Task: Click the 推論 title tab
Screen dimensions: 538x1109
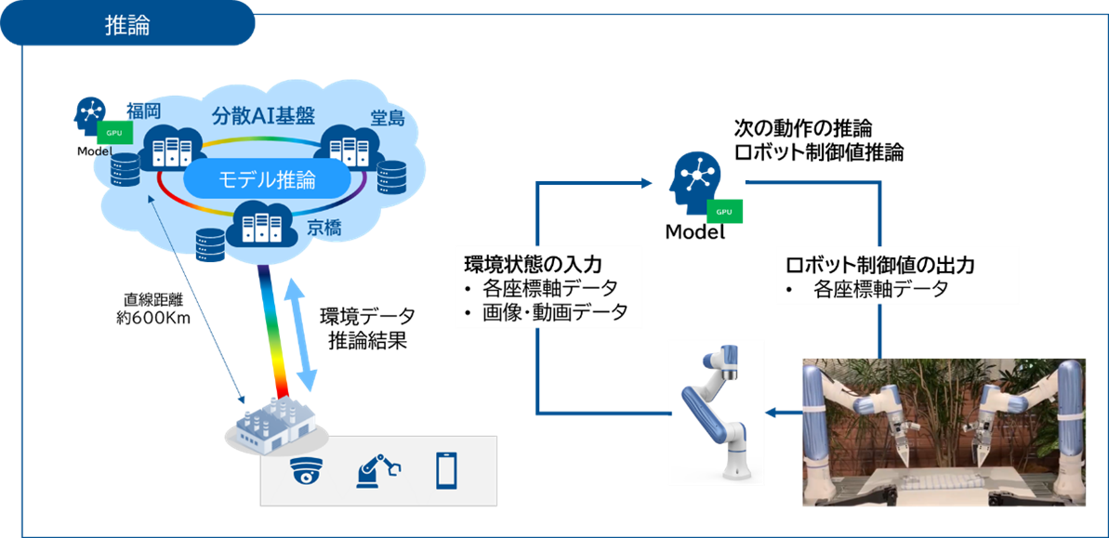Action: pos(127,24)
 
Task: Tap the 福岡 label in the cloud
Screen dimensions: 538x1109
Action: pos(144,112)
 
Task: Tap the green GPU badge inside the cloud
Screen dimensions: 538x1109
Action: pos(113,133)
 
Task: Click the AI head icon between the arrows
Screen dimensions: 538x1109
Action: pos(693,179)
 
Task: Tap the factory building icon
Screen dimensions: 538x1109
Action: pos(272,428)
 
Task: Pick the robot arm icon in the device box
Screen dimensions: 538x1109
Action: pos(377,471)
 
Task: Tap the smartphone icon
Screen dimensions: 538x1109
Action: pos(447,471)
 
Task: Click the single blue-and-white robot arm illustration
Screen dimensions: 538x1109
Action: pos(716,412)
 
